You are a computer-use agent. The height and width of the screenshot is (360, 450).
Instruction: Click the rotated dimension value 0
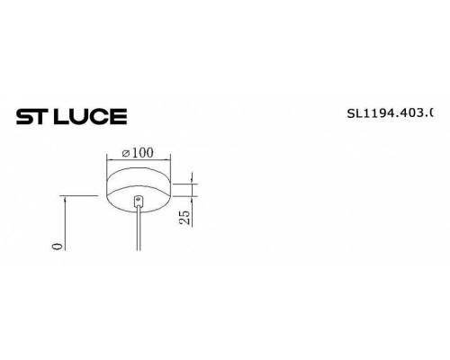click(x=56, y=243)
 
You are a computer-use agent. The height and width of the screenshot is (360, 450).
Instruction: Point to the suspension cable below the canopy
click(x=138, y=229)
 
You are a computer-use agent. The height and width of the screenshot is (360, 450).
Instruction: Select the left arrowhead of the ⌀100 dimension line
click(x=110, y=161)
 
